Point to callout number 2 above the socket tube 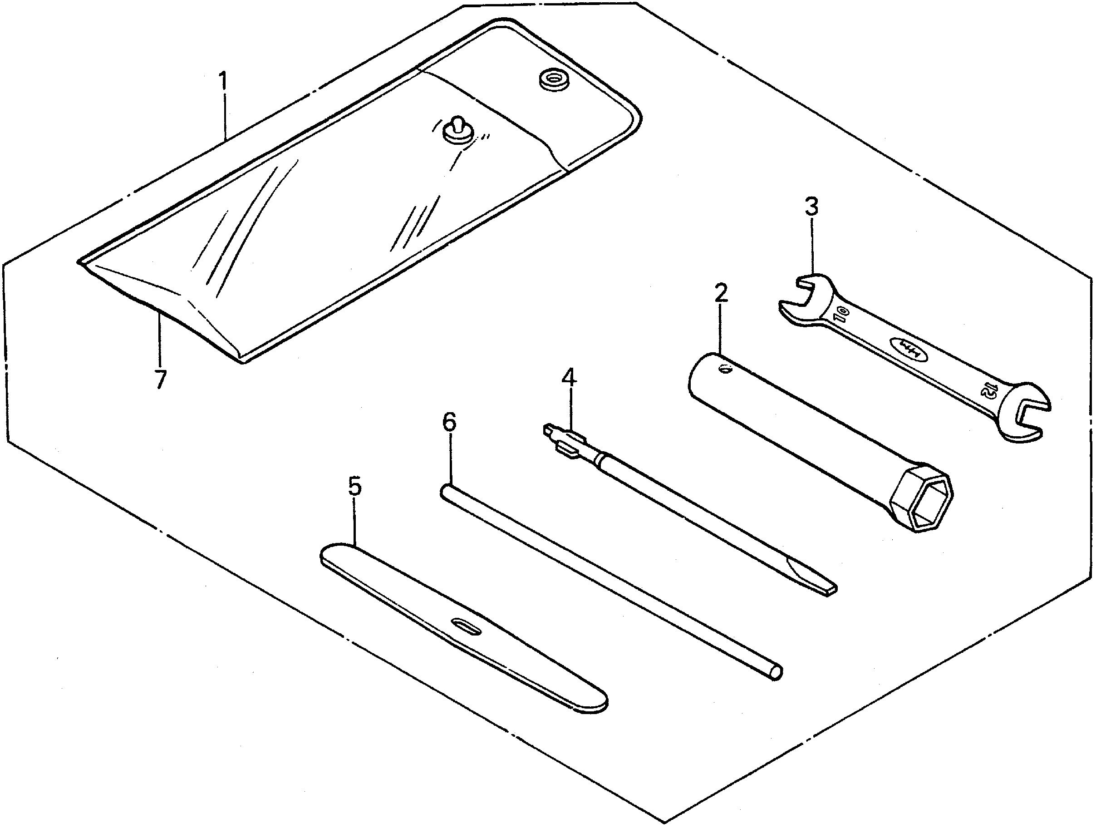tap(721, 294)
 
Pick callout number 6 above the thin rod tap(449, 422)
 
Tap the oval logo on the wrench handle tap(912, 350)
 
